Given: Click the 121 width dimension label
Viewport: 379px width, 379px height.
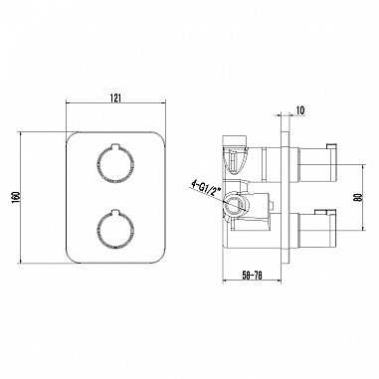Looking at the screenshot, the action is click(115, 97).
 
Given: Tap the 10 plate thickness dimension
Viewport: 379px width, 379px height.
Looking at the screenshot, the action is click(300, 110).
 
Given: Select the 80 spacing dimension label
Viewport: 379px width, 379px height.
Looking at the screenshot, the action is click(357, 198).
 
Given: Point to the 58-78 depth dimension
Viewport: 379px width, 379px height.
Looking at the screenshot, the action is click(252, 276).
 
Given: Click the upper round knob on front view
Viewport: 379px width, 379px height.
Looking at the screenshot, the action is click(115, 163).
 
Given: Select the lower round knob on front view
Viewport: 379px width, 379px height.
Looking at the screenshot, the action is click(115, 229).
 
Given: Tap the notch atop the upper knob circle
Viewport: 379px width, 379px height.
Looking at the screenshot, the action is click(115, 145).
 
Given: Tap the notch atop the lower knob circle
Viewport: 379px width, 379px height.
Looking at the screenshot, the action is click(115, 211).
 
